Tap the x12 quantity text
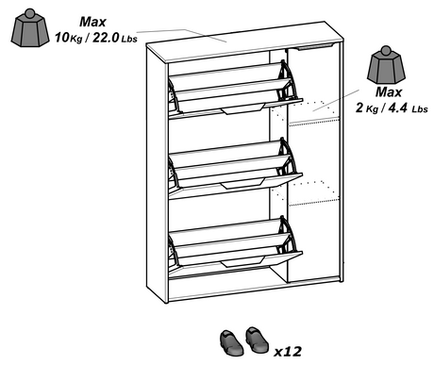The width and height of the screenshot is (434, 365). pyautogui.click(x=287, y=351)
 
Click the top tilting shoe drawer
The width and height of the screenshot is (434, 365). pyautogui.click(x=231, y=85)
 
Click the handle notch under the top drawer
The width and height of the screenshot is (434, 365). pyautogui.click(x=229, y=111)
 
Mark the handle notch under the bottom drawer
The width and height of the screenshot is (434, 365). pyautogui.click(x=229, y=265)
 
